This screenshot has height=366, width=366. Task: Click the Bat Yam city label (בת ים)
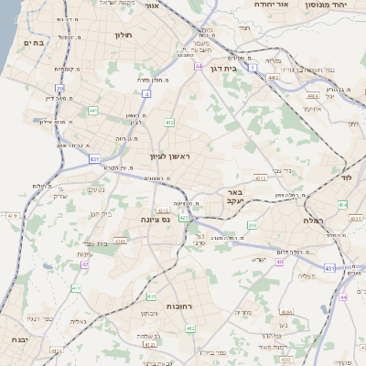click(33, 41)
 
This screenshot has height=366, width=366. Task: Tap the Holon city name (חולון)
click(124, 36)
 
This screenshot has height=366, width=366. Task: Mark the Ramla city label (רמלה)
click(302, 221)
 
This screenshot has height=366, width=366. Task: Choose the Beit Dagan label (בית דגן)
click(242, 67)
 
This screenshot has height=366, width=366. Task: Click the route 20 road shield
click(59, 89)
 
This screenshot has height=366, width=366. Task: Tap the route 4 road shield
click(146, 92)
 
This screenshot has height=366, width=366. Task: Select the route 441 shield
click(93, 111)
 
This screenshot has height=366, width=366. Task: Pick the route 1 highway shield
click(266, 56)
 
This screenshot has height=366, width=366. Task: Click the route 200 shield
click(252, 224)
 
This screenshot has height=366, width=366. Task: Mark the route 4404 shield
click(312, 95)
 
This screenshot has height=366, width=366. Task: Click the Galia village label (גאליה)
click(78, 321)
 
